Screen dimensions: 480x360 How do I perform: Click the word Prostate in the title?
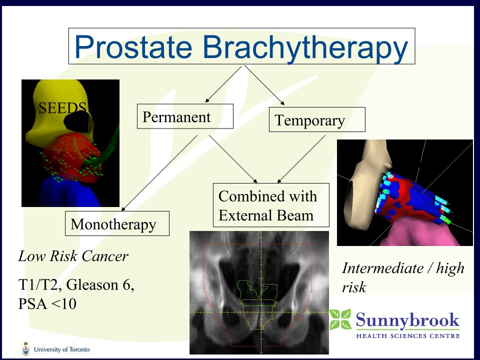(133, 46)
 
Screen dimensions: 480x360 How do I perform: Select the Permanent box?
(185, 116)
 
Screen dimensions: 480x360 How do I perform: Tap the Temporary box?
(317, 119)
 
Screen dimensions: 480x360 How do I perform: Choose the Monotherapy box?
(117, 223)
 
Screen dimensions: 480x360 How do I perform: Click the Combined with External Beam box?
(271, 205)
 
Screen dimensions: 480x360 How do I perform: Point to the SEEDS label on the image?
(62, 108)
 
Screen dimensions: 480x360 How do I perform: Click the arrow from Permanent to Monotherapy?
(159, 173)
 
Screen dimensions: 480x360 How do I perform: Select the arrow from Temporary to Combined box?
(301, 159)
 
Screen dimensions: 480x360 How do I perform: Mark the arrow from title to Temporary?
(264, 85)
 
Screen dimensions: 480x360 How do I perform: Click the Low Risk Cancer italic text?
(73, 256)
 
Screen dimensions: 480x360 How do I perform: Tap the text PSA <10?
(47, 303)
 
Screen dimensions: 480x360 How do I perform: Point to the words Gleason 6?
(100, 284)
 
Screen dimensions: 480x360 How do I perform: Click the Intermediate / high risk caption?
(403, 277)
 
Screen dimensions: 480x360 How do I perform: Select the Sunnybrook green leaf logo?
(340, 319)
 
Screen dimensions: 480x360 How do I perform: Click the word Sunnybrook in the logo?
(408, 320)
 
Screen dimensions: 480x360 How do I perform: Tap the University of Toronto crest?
(26, 348)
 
